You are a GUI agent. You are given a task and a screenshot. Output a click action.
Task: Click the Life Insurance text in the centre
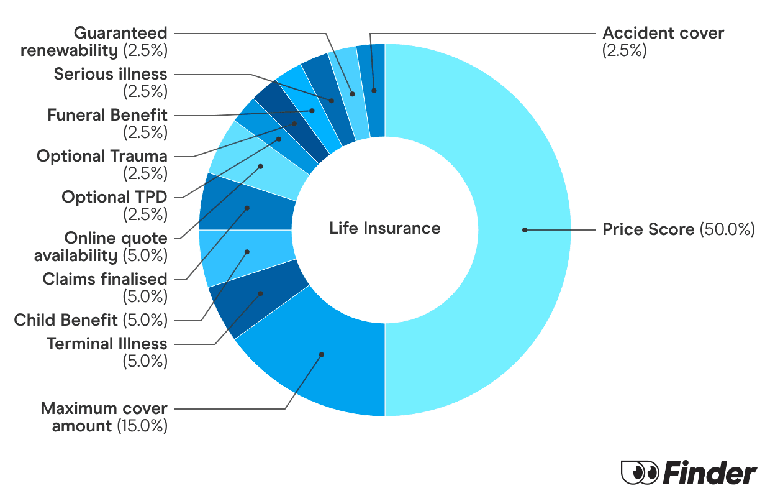point(385,228)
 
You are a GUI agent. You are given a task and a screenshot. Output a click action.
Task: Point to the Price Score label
point(648,229)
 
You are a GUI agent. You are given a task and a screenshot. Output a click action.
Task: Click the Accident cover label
point(663,33)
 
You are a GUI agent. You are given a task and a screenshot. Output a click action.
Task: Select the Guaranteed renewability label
point(93,41)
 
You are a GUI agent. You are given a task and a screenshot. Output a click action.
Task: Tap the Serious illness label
point(111,74)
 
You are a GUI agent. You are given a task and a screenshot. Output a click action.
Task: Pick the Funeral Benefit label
point(107,115)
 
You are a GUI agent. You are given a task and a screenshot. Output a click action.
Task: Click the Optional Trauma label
point(102,156)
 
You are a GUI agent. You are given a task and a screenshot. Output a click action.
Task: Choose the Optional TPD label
point(114,197)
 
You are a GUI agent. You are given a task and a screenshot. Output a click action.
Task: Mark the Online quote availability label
point(99,246)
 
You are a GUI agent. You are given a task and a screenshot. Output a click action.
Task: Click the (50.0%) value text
point(727,229)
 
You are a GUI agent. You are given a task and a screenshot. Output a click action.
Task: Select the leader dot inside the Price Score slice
point(525,230)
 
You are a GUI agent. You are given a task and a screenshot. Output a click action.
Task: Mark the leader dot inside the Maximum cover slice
point(322,355)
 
